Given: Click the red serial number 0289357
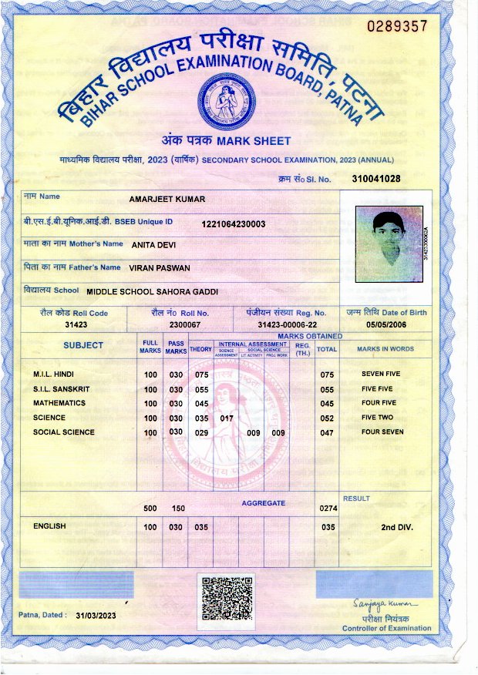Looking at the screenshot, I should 396,26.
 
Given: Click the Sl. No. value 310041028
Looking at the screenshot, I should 375,179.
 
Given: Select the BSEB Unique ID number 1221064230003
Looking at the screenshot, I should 233,223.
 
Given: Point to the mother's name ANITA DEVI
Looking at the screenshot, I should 154,244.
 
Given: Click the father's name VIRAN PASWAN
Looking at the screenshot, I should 160,268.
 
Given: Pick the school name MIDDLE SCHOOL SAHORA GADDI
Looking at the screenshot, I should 152,292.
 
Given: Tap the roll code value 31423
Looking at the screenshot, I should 74,325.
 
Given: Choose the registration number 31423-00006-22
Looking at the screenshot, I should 287,325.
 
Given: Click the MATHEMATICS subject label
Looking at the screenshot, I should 59,403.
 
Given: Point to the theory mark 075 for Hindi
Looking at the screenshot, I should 202,374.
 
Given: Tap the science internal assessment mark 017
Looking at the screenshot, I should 227,418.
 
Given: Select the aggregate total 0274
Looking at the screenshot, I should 328,509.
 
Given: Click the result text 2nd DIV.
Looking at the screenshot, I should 397,527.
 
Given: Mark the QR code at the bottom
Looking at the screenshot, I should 227,598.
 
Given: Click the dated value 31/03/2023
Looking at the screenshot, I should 96,616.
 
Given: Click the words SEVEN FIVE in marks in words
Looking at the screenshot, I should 381,374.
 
